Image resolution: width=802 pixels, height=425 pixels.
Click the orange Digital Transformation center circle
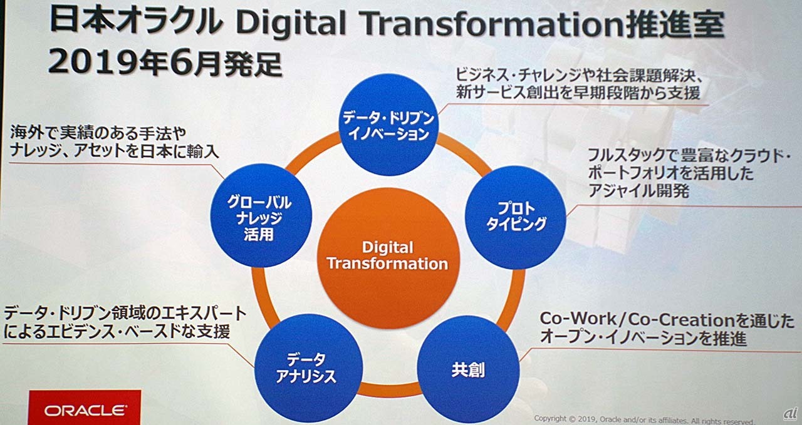pyautogui.click(x=388, y=259)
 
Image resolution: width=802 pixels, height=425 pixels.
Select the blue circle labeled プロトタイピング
pyautogui.click(x=516, y=218)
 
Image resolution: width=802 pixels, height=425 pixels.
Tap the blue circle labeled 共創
pyautogui.click(x=468, y=370)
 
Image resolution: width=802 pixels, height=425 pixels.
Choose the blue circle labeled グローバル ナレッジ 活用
pyautogui.click(x=261, y=216)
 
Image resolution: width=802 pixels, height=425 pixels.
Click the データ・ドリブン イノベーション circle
pyautogui.click(x=389, y=125)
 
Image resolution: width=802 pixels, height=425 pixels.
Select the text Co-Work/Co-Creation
pyautogui.click(x=632, y=319)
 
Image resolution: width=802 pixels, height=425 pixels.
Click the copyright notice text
pyautogui.click(x=645, y=419)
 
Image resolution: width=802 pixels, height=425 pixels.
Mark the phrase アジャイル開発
pyautogui.click(x=638, y=190)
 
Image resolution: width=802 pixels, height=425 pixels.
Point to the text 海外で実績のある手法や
pyautogui.click(x=98, y=133)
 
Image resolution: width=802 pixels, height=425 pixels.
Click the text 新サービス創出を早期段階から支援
pyautogui.click(x=578, y=93)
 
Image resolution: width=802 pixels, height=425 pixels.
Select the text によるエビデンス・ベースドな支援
pyautogui.click(x=117, y=332)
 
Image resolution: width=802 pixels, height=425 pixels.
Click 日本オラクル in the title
pyautogui.click(x=137, y=21)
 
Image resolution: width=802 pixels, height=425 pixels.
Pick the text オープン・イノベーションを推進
pyautogui.click(x=643, y=338)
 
